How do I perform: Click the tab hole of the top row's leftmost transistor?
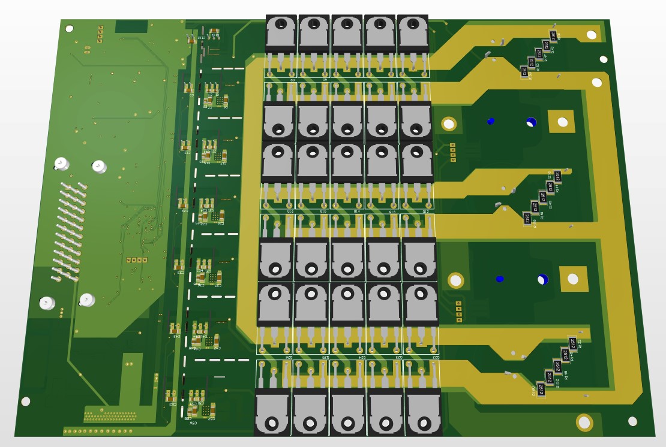coord(280,25)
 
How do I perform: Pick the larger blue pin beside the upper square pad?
coord(531,122)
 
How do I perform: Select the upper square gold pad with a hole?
coord(562,122)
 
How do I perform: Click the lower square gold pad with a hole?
coord(573,279)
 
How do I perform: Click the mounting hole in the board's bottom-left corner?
coord(26,401)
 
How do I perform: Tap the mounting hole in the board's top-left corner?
coord(69,28)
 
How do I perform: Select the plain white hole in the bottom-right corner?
coord(632,422)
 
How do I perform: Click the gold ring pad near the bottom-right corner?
coord(584,422)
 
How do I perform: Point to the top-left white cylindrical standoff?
coord(61,164)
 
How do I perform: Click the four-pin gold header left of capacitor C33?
coord(137,260)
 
